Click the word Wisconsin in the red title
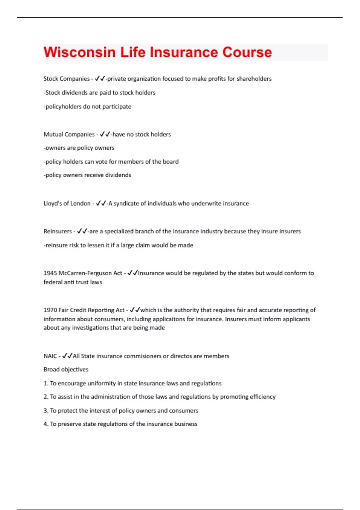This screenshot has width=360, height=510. tap(79, 52)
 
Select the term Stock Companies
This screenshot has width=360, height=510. tap(66, 79)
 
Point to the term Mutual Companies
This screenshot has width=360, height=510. tap(69, 134)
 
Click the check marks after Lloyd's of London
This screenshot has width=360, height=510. tap(101, 203)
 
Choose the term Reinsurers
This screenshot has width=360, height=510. tap(58, 231)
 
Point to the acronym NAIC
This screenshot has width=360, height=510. tap(50, 356)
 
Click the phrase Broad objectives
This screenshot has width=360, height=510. tap(66, 369)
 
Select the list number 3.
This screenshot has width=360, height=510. tap(46, 410)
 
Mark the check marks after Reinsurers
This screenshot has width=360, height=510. tap(82, 231)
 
